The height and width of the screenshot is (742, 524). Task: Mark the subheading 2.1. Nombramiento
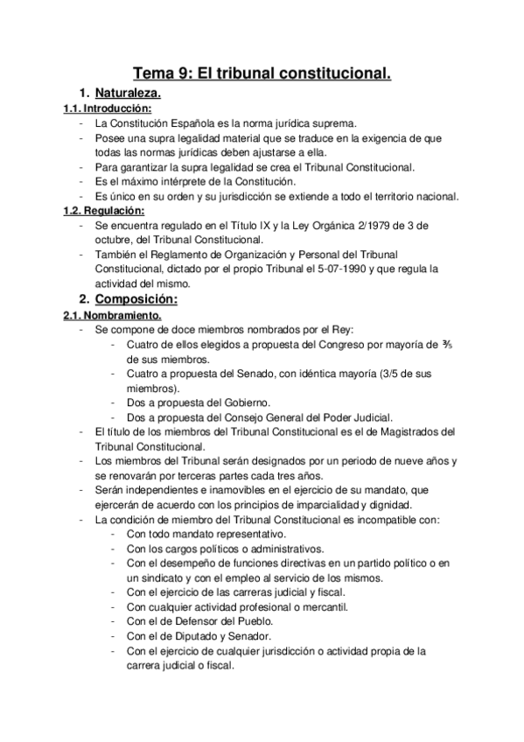[109, 316]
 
